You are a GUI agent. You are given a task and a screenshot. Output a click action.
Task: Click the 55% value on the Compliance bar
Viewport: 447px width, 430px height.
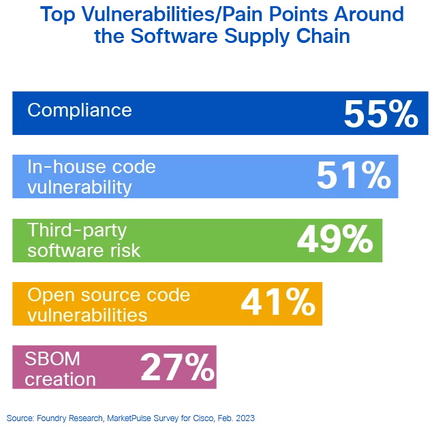380,114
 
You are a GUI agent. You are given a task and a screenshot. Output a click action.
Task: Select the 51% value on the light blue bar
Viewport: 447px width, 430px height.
353,176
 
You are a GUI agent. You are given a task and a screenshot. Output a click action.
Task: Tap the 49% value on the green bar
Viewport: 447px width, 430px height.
335,240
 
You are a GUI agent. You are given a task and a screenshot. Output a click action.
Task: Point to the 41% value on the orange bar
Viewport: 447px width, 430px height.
277,303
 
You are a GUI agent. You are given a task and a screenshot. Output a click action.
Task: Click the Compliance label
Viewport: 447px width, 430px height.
79,110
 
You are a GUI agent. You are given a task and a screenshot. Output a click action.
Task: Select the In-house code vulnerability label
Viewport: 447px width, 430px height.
91,176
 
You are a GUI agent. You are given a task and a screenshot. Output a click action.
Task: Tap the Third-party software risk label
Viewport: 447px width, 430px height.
83,240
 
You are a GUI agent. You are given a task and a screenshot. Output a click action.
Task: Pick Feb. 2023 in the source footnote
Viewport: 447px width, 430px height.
238,418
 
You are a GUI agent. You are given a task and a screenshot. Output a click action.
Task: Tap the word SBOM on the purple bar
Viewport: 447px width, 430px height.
52,358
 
